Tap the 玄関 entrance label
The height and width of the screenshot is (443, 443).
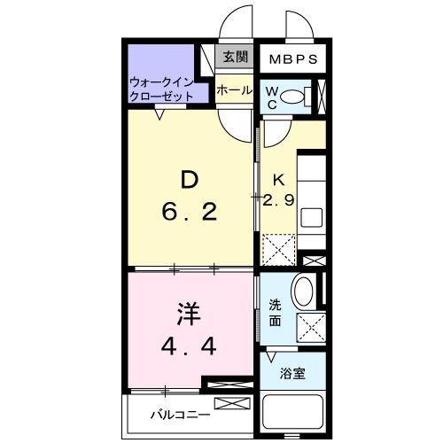click(234, 58)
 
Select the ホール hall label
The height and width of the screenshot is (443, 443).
click(234, 89)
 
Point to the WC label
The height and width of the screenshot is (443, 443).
click(272, 97)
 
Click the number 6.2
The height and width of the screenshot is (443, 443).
click(189, 214)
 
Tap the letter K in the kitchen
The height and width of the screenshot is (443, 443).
click(278, 178)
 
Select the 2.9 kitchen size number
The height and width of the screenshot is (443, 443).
click(279, 200)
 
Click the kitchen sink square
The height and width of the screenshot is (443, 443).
click(312, 216)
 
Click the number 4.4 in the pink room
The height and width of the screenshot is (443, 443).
click(189, 347)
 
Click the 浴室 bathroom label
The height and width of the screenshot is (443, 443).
click(294, 373)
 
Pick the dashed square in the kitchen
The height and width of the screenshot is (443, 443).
click(279, 249)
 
